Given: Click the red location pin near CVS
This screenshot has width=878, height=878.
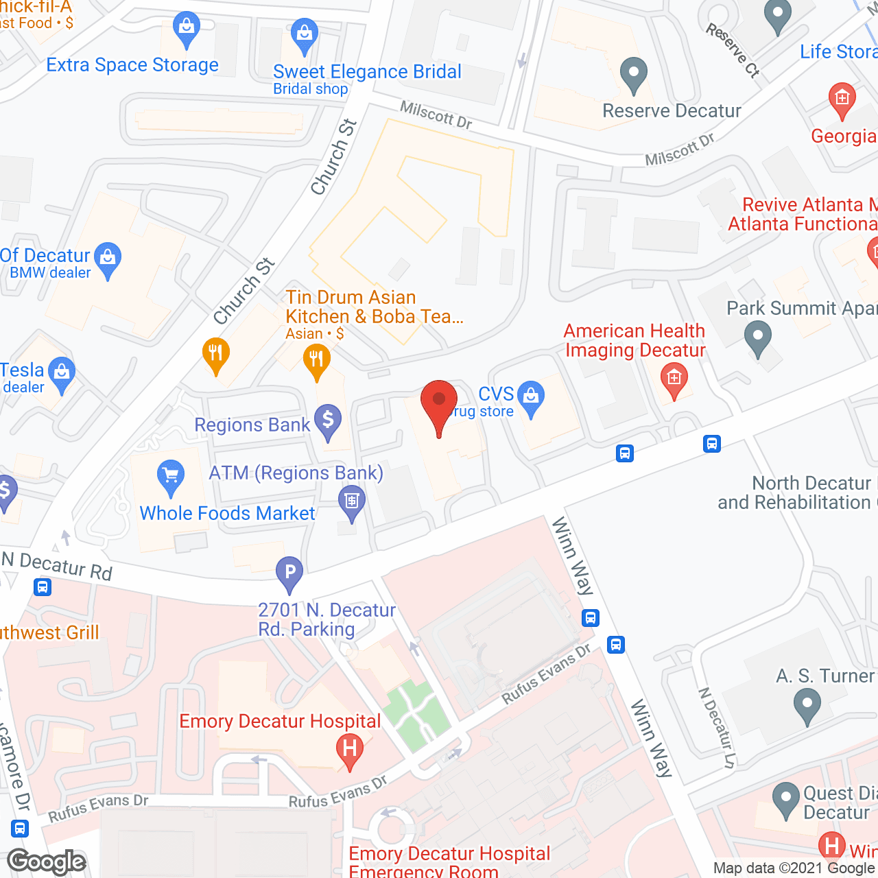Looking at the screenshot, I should click(438, 405).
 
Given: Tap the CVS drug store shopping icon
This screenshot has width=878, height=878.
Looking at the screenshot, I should click(531, 397).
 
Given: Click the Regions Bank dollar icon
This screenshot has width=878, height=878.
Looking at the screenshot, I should click(328, 420).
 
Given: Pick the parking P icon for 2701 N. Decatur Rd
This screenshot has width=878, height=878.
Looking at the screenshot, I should click(289, 572).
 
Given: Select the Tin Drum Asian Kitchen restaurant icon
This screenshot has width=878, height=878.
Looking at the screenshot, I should click(316, 359).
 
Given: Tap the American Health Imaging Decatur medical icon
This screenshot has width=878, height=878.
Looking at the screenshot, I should click(674, 379).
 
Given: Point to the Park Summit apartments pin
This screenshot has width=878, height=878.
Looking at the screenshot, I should click(758, 338).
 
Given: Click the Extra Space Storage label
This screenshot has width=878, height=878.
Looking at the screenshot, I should click(132, 65).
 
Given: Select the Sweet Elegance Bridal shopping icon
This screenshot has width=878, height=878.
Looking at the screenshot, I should click(304, 34).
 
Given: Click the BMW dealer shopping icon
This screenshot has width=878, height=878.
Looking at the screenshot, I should click(107, 259).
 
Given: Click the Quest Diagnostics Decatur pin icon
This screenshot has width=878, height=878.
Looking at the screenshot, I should click(786, 800).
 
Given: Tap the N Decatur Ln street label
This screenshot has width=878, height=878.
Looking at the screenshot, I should click(716, 728).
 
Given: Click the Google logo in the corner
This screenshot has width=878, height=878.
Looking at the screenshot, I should click(47, 862).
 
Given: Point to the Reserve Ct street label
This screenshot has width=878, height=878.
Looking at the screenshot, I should click(733, 50).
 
